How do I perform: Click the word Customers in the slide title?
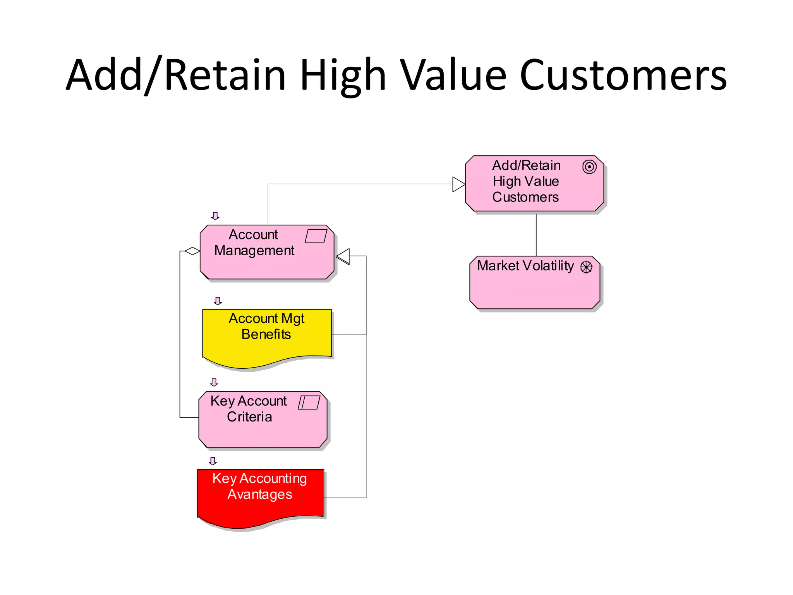click(623, 76)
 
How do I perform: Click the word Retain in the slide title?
click(225, 76)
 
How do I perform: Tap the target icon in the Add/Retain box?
click(589, 167)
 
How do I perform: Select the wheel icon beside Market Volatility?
click(586, 267)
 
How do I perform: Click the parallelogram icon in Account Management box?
click(316, 236)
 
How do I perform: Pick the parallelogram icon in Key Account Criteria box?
click(309, 402)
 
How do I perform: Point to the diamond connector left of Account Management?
click(192, 251)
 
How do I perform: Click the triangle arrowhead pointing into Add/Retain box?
click(458, 184)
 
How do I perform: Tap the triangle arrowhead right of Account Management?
click(343, 256)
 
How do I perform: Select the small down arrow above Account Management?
click(215, 216)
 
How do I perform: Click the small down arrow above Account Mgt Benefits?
click(218, 301)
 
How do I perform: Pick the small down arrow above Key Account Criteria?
click(214, 382)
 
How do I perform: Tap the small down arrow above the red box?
click(213, 461)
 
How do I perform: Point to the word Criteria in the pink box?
click(249, 417)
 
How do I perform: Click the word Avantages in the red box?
click(260, 495)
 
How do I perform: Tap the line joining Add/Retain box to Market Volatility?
click(536, 234)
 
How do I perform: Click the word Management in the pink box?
click(254, 251)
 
